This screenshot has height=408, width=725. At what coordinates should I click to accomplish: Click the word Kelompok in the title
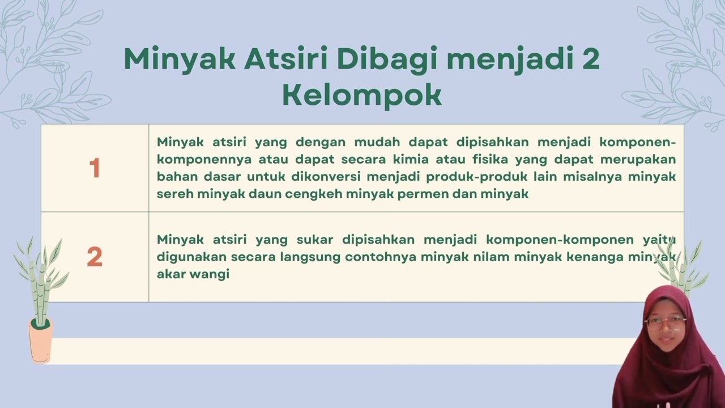click(x=362, y=96)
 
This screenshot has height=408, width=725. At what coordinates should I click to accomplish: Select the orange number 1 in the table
click(x=95, y=168)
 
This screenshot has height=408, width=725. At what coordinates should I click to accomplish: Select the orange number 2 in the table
click(x=95, y=257)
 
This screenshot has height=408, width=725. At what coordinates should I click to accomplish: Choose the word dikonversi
click(x=323, y=176)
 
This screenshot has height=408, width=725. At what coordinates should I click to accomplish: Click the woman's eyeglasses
click(x=665, y=324)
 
